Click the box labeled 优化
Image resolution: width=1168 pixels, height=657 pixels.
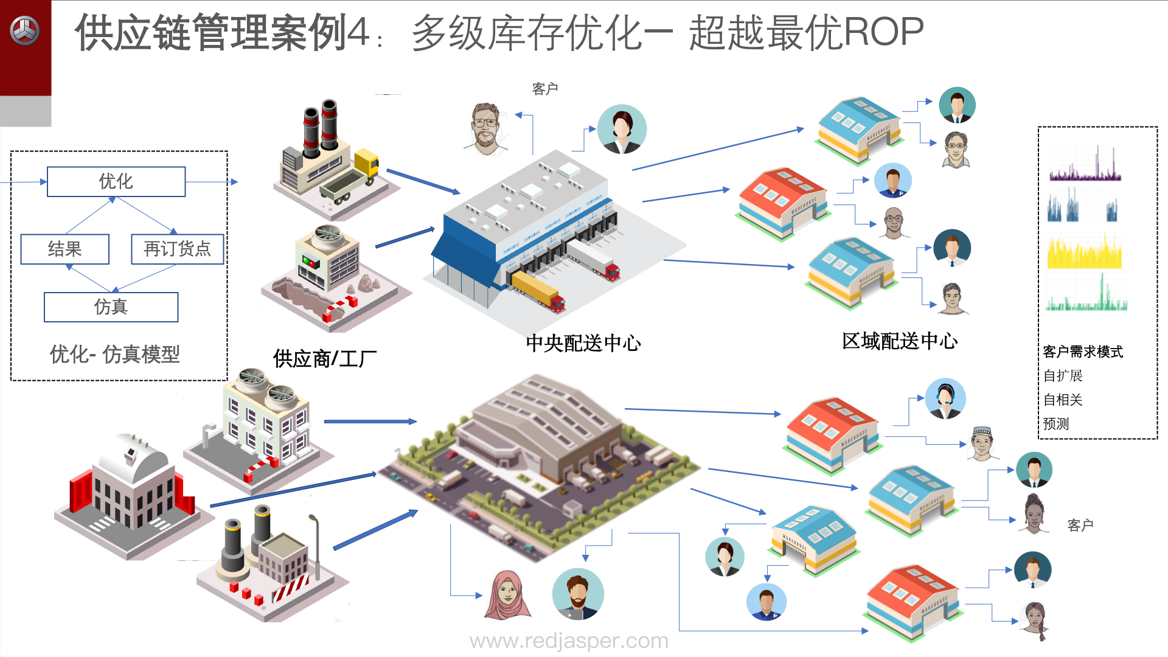tap(116, 181)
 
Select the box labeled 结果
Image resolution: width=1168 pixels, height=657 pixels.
tap(64, 249)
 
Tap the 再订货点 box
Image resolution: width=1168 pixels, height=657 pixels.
tap(177, 249)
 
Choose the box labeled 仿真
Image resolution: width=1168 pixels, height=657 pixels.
tap(111, 307)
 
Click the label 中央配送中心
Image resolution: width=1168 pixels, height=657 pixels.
tap(583, 343)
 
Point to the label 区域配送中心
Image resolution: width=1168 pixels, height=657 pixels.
tap(899, 341)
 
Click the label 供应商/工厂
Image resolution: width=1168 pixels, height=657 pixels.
tap(325, 359)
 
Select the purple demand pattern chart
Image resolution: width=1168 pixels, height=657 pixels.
tap(1085, 167)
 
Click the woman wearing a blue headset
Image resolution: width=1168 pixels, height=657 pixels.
tap(945, 398)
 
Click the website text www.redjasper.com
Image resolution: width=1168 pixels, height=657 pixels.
tap(569, 641)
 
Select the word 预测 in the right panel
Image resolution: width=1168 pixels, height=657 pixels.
tap(1056, 423)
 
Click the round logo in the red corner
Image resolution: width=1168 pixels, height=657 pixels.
tap(25, 30)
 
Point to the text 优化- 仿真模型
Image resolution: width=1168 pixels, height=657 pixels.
tap(114, 354)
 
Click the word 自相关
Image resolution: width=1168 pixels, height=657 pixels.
tap(1063, 400)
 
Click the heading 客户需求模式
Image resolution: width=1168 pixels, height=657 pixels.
tap(1083, 352)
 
